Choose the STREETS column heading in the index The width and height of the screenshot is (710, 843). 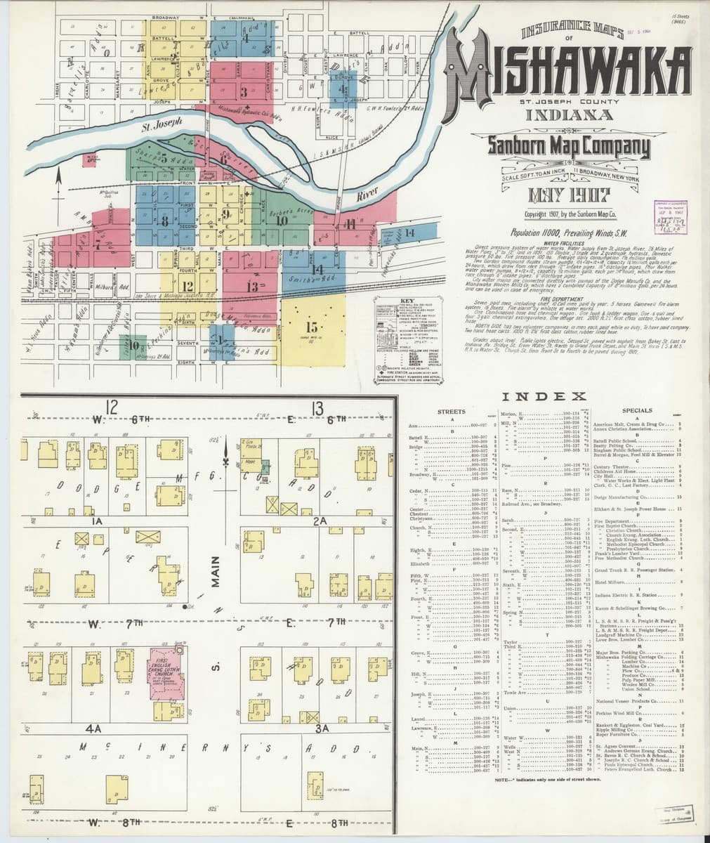[x=452, y=411]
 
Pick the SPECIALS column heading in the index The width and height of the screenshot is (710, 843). [x=638, y=411]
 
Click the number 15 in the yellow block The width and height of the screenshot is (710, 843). [x=313, y=327]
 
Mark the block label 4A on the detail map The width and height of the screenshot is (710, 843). [x=95, y=728]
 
